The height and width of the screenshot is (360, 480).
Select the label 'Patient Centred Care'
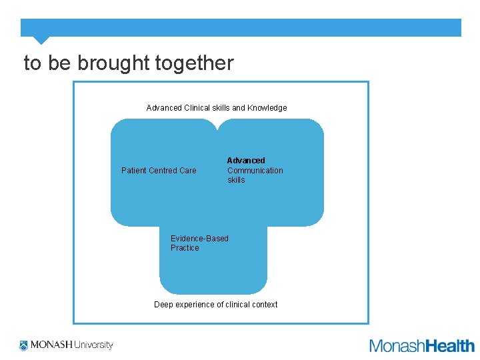(159, 171)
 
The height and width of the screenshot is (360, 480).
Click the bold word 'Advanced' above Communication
(246, 161)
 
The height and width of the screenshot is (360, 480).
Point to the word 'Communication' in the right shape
(255, 171)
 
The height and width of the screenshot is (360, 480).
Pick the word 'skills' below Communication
(236, 180)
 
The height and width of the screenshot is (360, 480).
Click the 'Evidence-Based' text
(199, 239)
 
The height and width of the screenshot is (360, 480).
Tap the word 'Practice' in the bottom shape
(185, 248)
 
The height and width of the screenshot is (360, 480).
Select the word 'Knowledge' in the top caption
(267, 108)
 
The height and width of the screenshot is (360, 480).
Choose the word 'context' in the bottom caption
(265, 305)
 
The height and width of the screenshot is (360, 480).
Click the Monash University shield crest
(24, 345)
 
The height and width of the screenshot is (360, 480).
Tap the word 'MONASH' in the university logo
(50, 345)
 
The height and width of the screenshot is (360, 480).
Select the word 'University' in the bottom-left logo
(93, 345)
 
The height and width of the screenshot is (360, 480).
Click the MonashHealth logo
(421, 345)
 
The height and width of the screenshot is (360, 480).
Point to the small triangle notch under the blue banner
(41, 40)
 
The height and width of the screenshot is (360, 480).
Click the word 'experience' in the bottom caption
(195, 305)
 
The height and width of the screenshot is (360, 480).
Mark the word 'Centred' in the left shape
(163, 171)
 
